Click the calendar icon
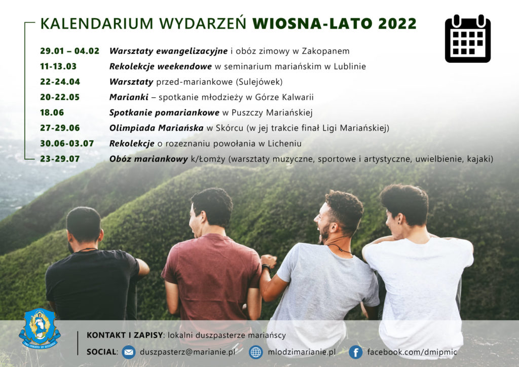(x=468, y=39)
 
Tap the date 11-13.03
(x=58, y=66)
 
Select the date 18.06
(x=52, y=113)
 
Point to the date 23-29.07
(x=60, y=159)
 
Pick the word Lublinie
(x=350, y=66)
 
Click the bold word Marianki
(x=129, y=97)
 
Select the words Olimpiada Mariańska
(x=156, y=128)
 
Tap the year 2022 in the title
(x=397, y=24)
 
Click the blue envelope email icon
(x=129, y=352)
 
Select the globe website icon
(x=255, y=352)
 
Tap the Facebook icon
(x=355, y=352)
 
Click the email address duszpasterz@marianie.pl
(x=188, y=352)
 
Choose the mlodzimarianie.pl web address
(x=302, y=352)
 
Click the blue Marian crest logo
(x=40, y=328)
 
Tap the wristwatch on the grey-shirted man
(x=266, y=267)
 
